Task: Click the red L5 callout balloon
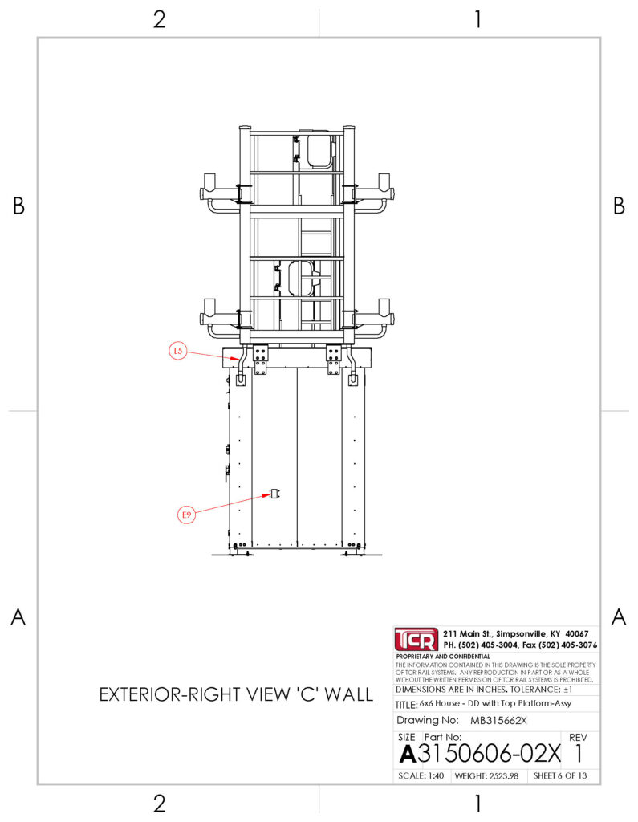(x=178, y=350)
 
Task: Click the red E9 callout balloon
(x=187, y=515)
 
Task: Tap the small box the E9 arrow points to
(x=274, y=494)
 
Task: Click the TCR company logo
(x=416, y=639)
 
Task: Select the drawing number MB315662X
(x=498, y=720)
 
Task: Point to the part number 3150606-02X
(x=489, y=754)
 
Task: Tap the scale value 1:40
(x=436, y=776)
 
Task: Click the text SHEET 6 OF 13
(x=560, y=776)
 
